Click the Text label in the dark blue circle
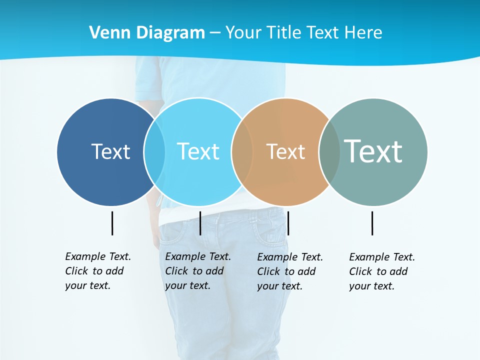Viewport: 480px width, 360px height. point(110,151)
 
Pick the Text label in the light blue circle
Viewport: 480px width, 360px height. point(198,151)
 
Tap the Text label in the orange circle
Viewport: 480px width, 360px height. point(285,151)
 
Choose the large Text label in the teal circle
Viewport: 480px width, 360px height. point(373,151)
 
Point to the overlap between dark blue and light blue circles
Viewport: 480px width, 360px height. point(154,151)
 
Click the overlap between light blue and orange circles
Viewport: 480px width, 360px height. point(242,151)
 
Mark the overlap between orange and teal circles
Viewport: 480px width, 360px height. point(329,151)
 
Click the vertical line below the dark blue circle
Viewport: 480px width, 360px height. point(112,223)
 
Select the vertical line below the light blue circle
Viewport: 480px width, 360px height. point(200,223)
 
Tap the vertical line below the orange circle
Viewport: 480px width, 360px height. point(288,223)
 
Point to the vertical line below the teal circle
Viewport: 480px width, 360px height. point(372,223)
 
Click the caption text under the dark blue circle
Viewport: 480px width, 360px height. point(97,271)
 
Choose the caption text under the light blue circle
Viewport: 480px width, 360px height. point(197,271)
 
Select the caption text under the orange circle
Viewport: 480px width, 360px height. point(289,271)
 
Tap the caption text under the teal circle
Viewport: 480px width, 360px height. point(381,271)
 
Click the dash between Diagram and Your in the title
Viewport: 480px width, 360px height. point(215,33)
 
